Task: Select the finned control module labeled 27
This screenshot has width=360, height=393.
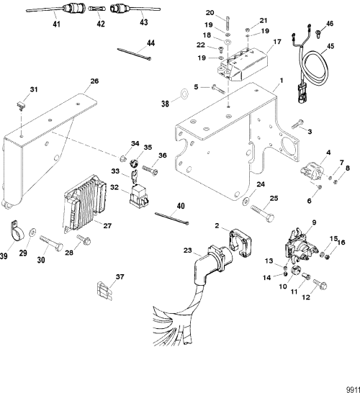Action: (x=86, y=206)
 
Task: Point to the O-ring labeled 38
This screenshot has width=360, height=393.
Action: (x=185, y=94)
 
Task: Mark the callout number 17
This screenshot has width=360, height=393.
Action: (x=276, y=42)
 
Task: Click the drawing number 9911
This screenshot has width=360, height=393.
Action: (x=349, y=386)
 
